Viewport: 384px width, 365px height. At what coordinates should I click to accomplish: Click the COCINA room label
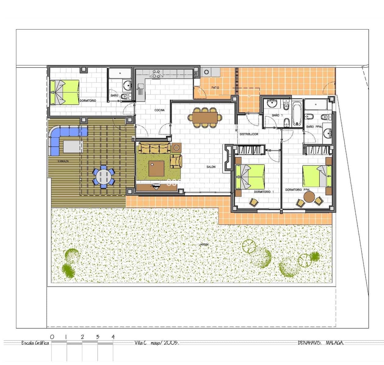pos(159,110)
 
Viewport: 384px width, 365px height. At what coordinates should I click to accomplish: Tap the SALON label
pos(211,167)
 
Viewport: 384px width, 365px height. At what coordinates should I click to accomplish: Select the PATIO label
pos(215,88)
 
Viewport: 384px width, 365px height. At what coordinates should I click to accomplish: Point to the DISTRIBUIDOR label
pos(249,134)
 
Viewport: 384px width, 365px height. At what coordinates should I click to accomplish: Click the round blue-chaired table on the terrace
pos(104,176)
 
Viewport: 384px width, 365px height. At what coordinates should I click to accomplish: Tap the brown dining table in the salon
pos(205,117)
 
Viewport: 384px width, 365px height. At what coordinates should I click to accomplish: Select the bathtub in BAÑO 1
pos(297,114)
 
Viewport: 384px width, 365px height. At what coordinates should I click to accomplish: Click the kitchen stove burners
pos(157,74)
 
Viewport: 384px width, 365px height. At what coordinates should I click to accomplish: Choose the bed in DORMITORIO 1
pos(250,176)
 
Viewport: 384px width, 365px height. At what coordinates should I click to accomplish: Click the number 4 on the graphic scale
pos(113,337)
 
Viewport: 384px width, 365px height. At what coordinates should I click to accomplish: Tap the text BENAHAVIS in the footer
pos(310,343)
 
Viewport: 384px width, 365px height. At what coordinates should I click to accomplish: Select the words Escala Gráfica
pos(35,343)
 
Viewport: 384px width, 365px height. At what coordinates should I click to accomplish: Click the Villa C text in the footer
pos(140,343)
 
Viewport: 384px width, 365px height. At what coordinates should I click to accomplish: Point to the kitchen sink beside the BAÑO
pos(140,91)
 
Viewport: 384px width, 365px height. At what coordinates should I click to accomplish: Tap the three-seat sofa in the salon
pos(155,148)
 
